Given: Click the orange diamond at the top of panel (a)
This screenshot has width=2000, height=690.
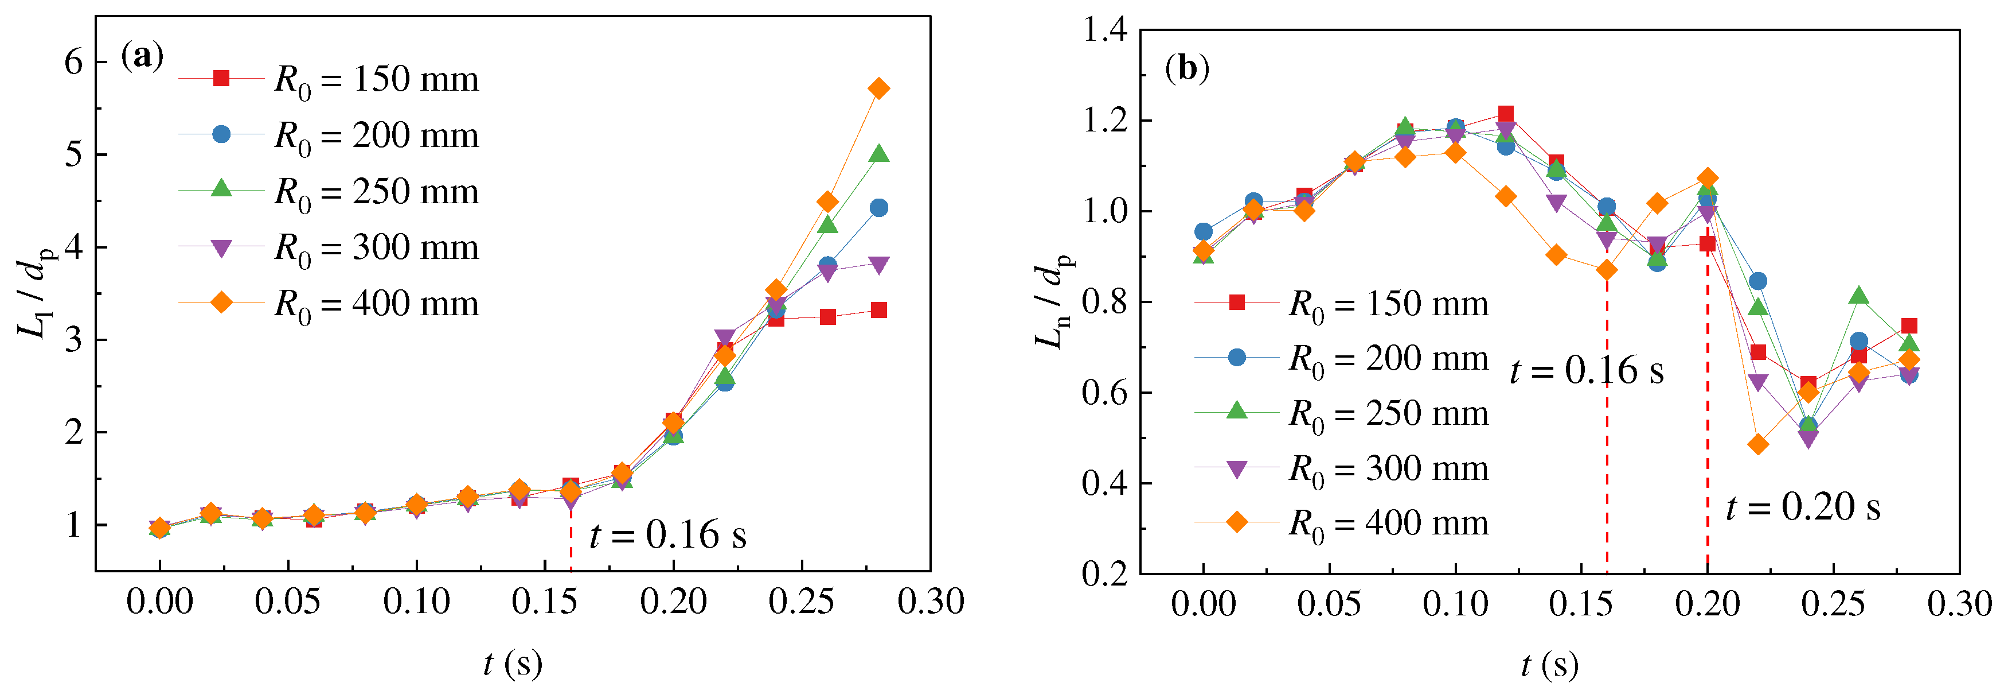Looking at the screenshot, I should click(879, 88).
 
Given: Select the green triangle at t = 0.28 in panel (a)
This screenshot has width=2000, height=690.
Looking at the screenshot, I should click(879, 154).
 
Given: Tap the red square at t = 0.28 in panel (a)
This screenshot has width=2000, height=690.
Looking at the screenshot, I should click(879, 310).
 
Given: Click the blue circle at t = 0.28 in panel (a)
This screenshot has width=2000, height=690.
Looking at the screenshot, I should click(879, 207).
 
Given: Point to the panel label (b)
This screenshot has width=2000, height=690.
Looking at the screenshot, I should click(1187, 68).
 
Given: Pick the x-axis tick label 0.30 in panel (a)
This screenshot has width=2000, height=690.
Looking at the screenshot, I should click(930, 602).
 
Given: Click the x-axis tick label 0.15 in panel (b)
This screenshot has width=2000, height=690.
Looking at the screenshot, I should click(1581, 604).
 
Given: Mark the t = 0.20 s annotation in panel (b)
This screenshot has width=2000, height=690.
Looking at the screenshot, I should click(1803, 507).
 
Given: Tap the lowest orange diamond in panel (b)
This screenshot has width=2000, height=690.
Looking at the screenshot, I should click(1759, 444).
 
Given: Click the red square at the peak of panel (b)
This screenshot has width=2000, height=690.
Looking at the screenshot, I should click(1505, 114).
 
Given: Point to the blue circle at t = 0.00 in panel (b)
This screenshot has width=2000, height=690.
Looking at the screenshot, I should click(1204, 231).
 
